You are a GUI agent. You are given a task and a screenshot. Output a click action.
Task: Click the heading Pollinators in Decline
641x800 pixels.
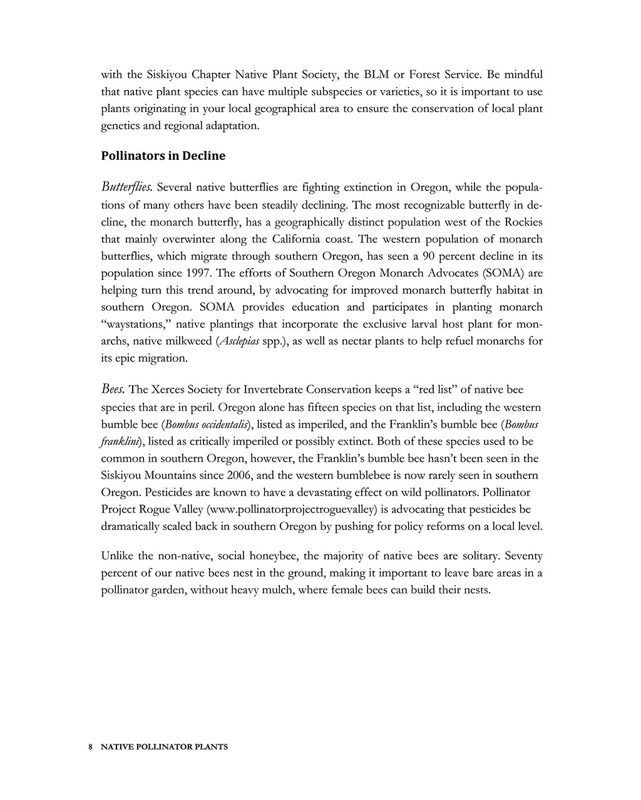(163, 156)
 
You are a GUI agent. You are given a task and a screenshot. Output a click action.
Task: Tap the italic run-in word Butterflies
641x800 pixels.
(126, 187)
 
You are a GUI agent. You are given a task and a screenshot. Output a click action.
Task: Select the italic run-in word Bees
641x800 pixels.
(113, 389)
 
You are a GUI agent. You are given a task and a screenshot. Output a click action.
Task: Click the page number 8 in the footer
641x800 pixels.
(91, 747)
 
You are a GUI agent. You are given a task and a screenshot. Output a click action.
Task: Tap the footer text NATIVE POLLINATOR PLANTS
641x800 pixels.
(164, 747)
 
